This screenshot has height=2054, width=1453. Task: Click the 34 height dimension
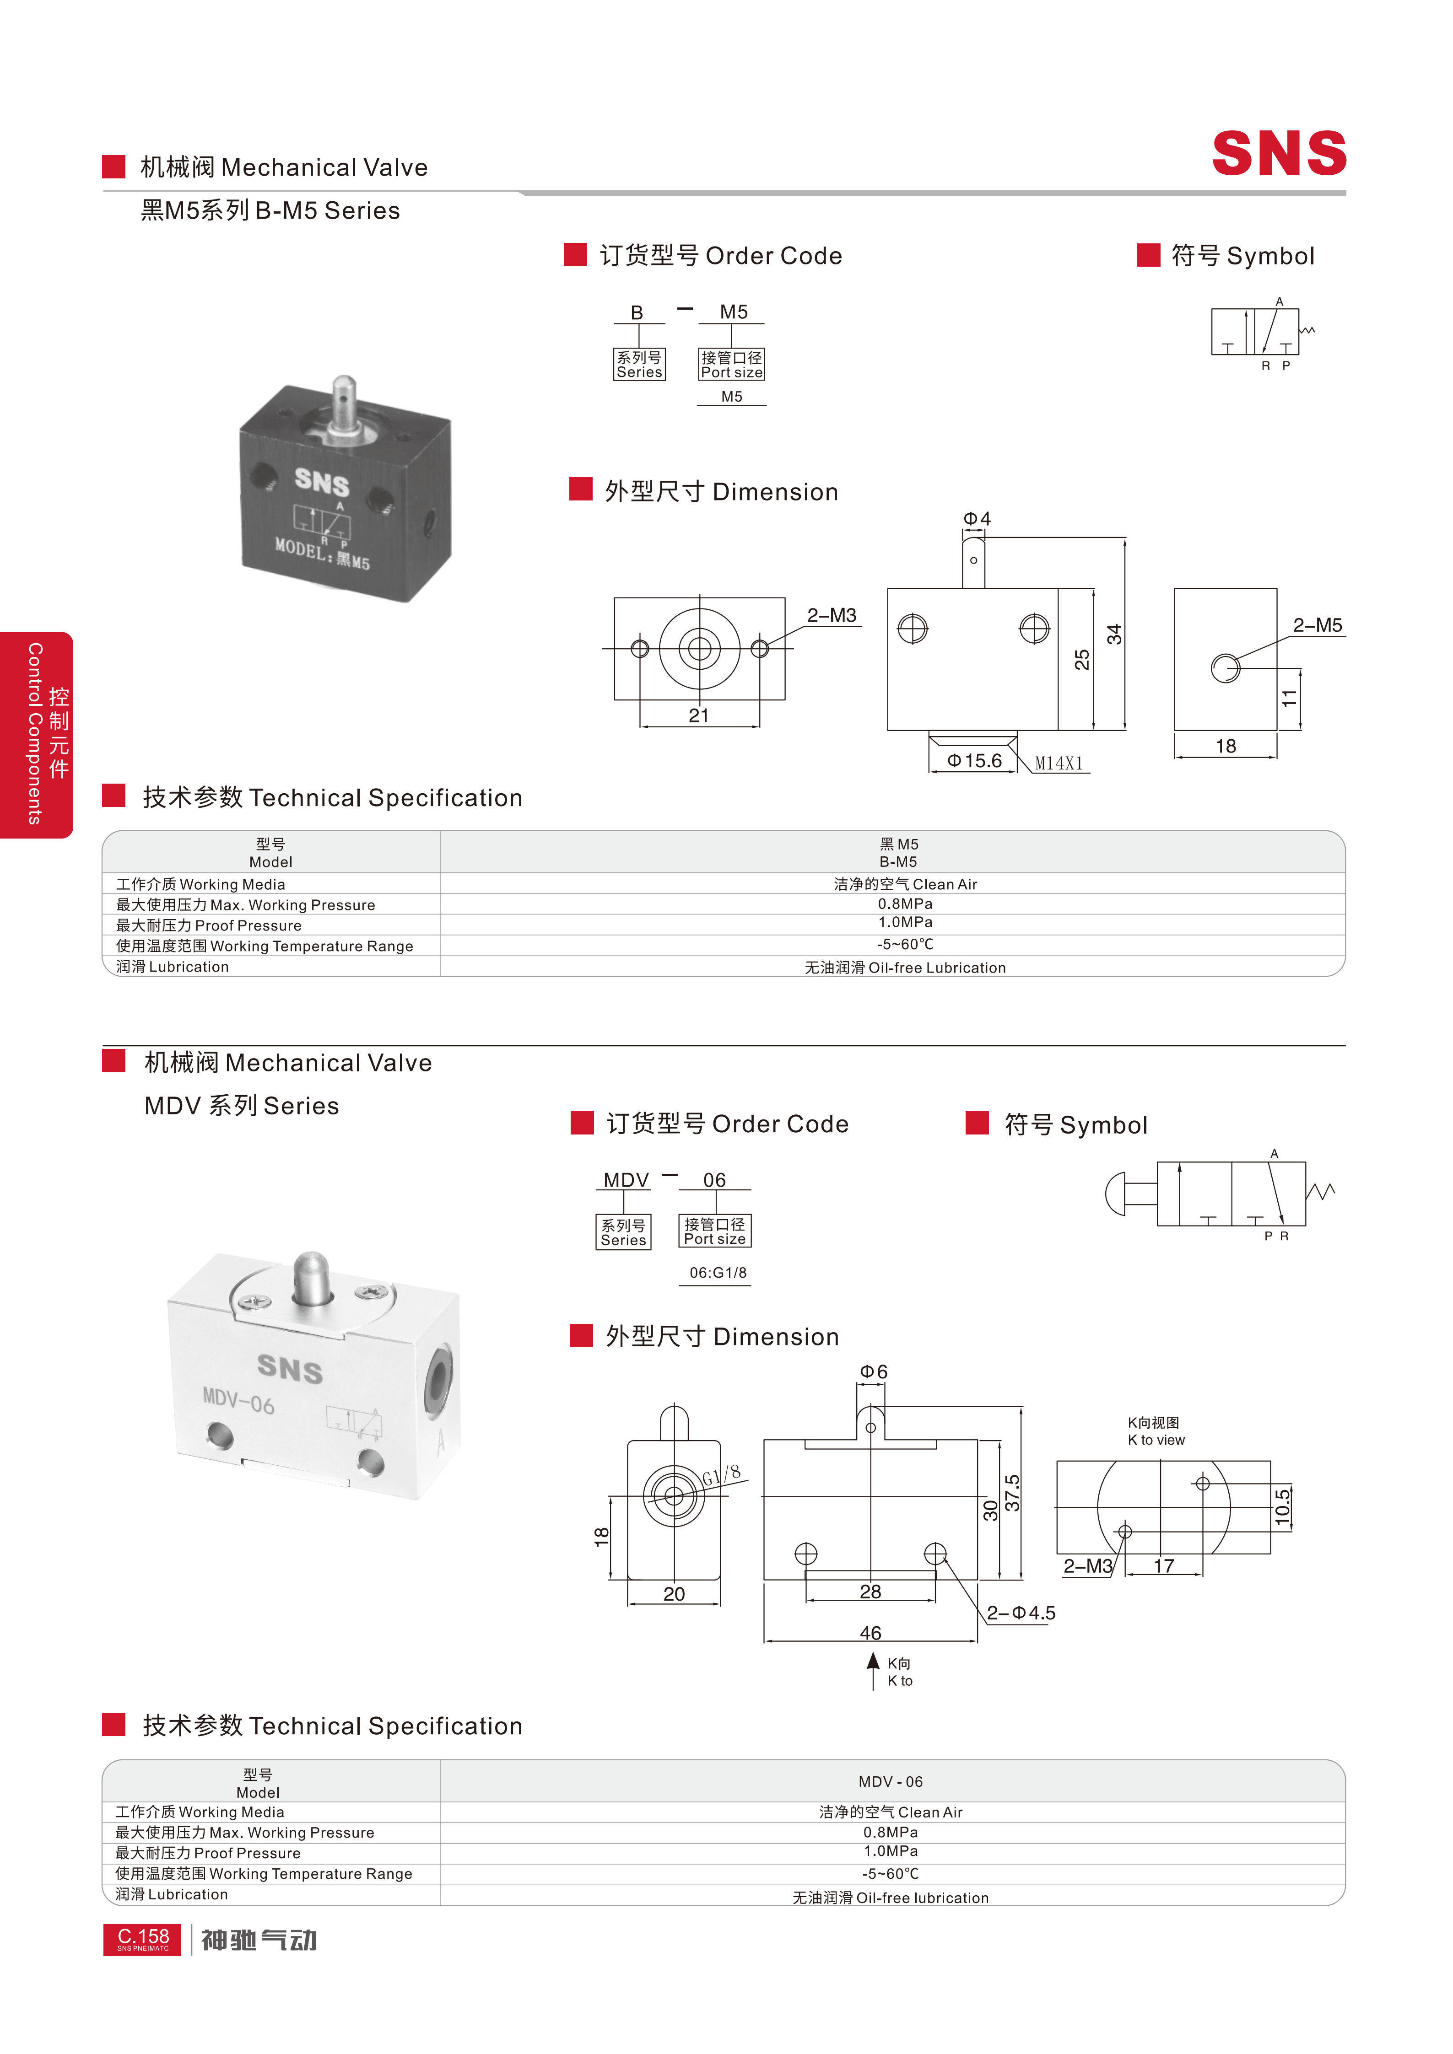(1114, 634)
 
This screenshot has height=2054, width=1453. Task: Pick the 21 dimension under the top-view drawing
(699, 715)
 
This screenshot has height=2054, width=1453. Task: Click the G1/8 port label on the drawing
(721, 1473)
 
